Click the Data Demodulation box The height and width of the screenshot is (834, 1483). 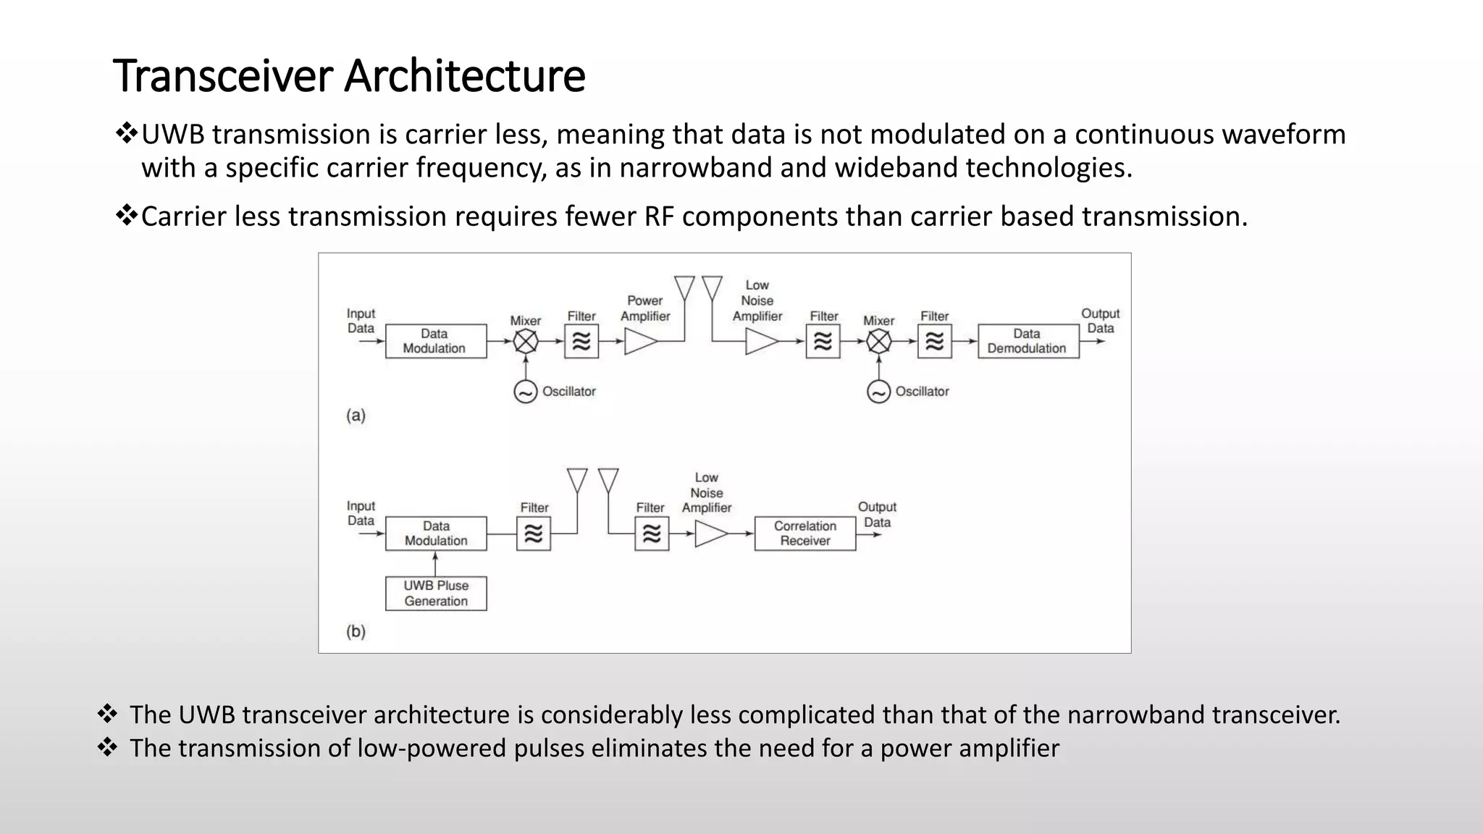1028,341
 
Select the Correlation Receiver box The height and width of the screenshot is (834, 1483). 804,534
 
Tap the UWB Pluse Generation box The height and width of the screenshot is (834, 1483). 436,593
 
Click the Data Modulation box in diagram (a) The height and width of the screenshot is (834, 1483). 435,341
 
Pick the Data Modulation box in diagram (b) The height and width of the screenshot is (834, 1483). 435,534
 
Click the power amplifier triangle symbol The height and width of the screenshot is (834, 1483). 639,342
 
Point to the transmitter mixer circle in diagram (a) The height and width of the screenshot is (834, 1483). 526,342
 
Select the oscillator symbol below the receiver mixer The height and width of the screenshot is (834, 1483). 878,392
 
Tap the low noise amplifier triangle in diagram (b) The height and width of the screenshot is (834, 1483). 710,534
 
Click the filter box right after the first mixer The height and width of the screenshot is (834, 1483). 581,342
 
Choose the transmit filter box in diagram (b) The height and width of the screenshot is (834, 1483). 534,534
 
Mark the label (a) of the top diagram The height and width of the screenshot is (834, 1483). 356,416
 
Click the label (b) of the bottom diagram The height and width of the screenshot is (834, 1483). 356,631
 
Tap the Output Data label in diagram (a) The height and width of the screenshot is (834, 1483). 1100,321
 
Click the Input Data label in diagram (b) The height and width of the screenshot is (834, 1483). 361,513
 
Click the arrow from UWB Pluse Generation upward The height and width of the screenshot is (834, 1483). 435,563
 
